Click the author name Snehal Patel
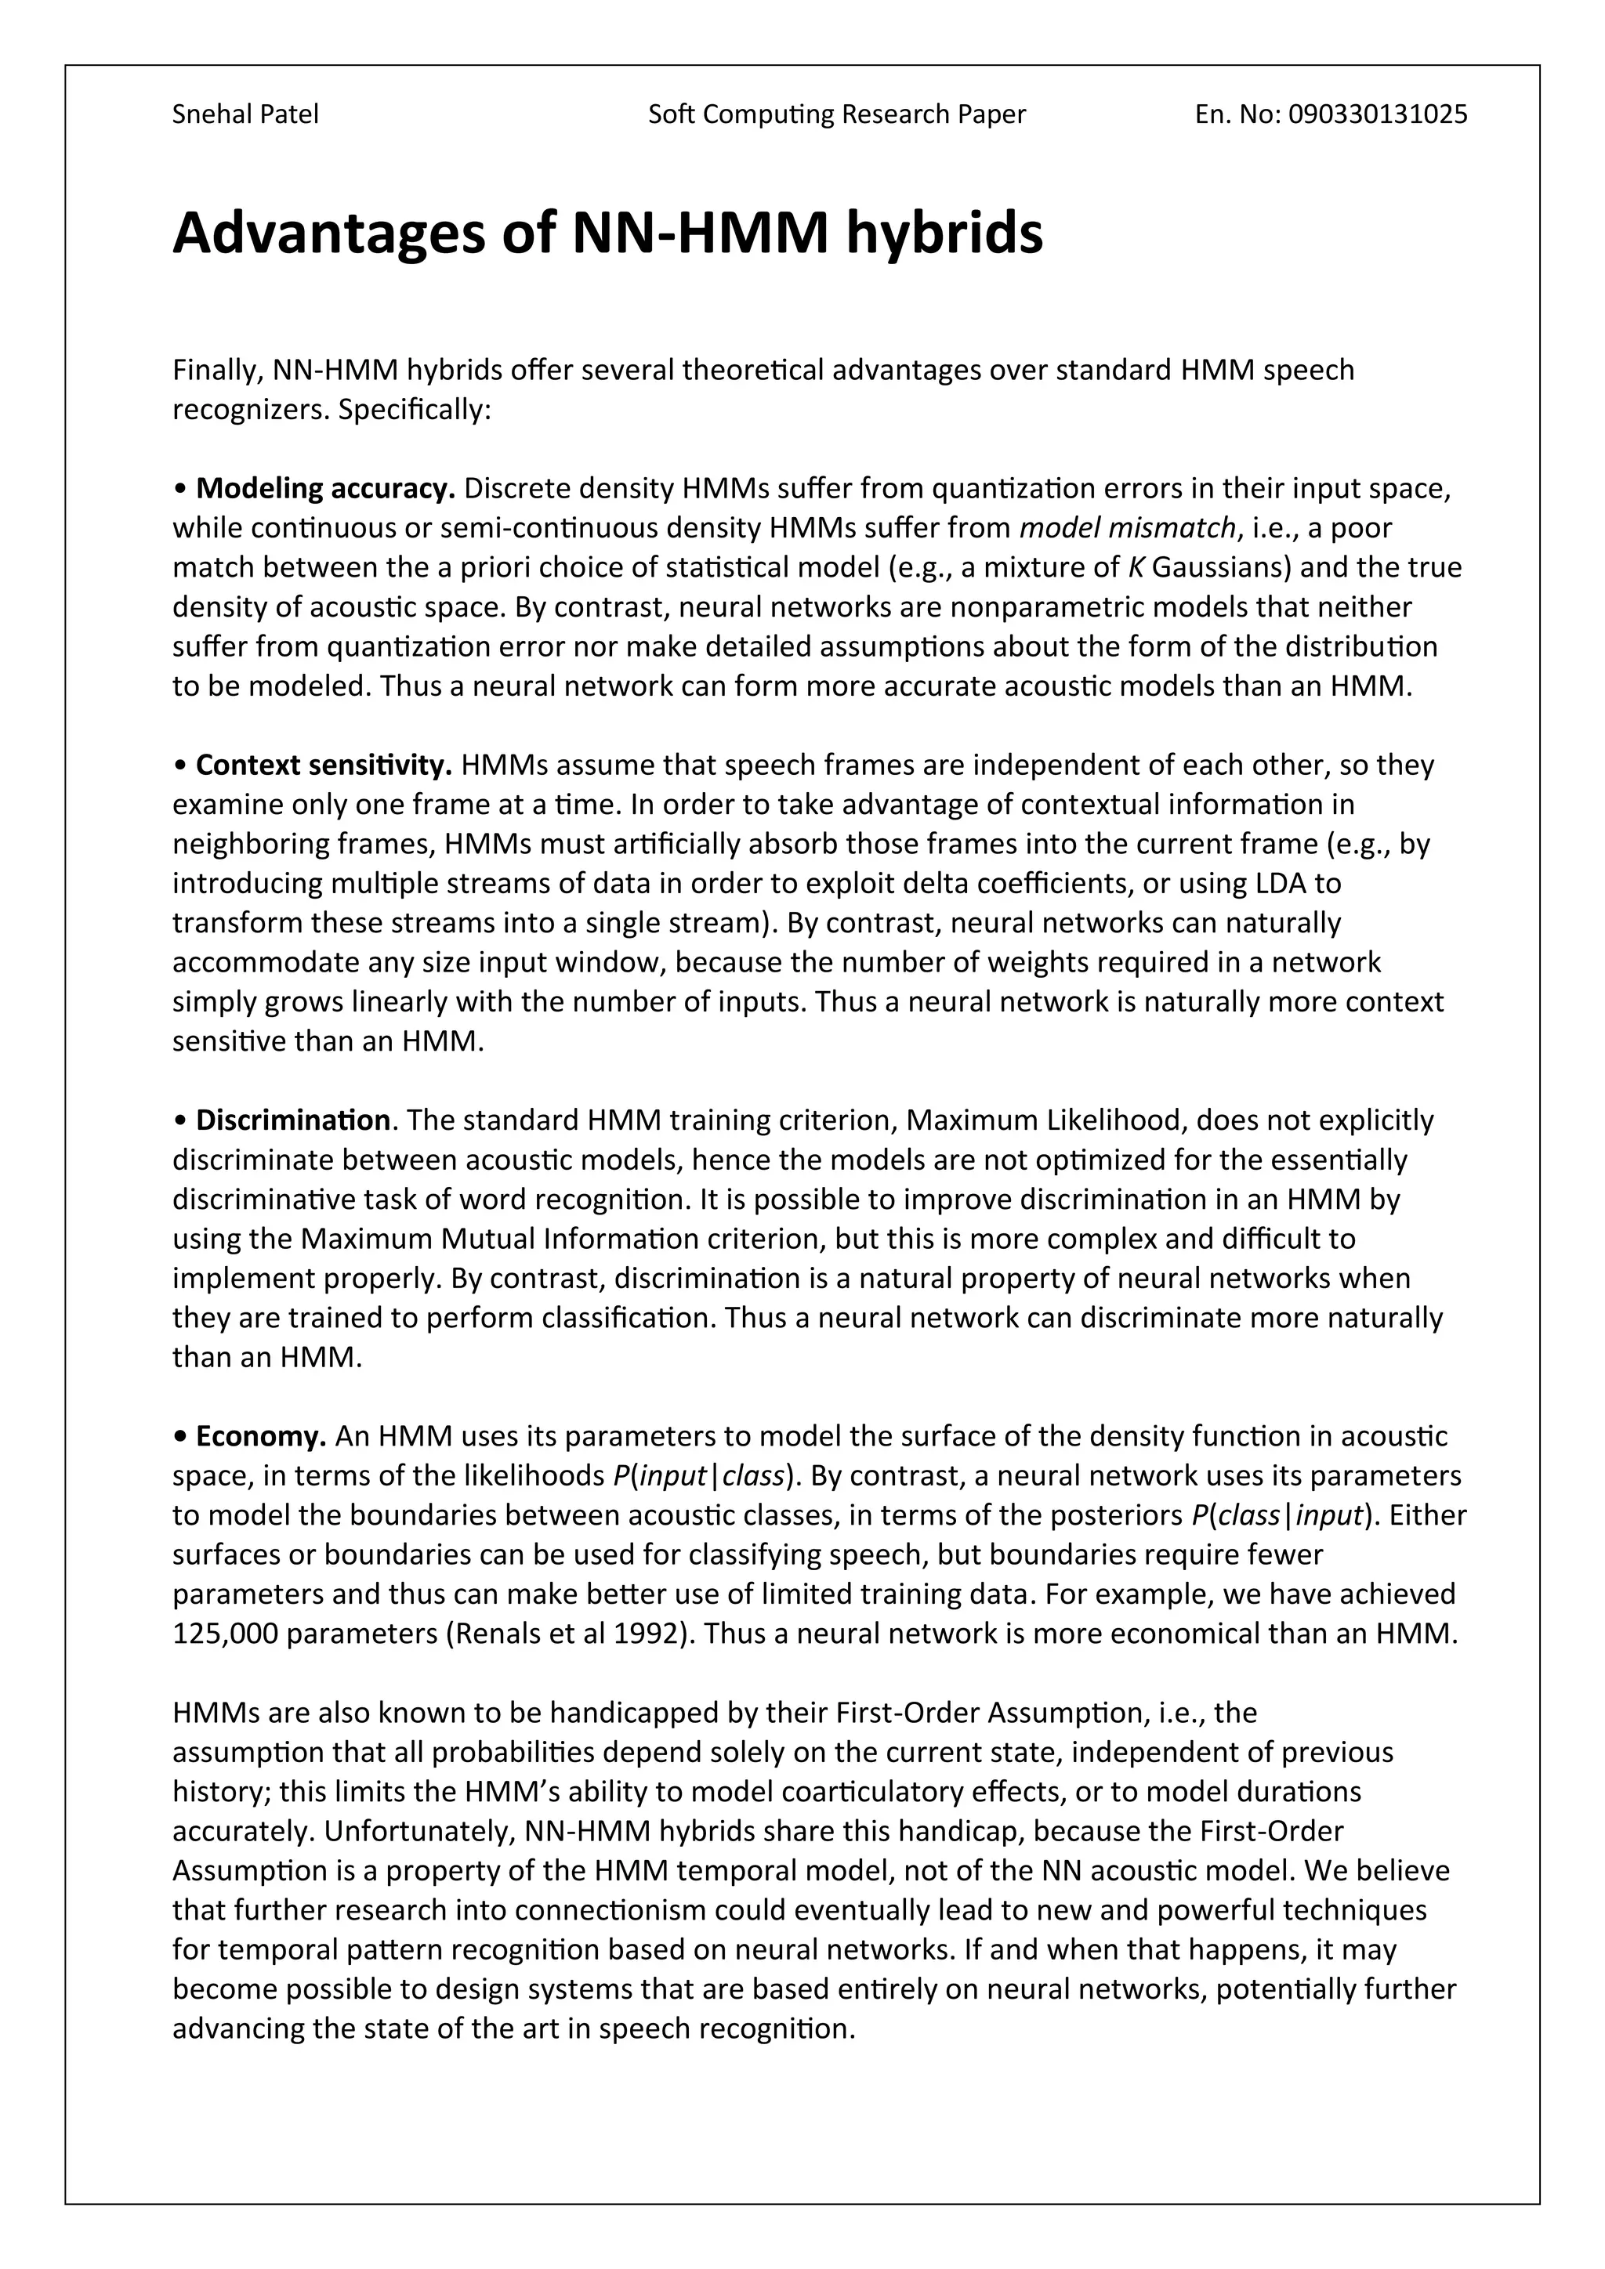coord(245,114)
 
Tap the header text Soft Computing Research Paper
coord(836,114)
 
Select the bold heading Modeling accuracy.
coord(325,488)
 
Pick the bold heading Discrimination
coord(292,1120)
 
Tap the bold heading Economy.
coord(261,1436)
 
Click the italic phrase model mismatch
coord(1127,528)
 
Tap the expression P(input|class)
coord(704,1475)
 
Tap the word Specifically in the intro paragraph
coord(414,409)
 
